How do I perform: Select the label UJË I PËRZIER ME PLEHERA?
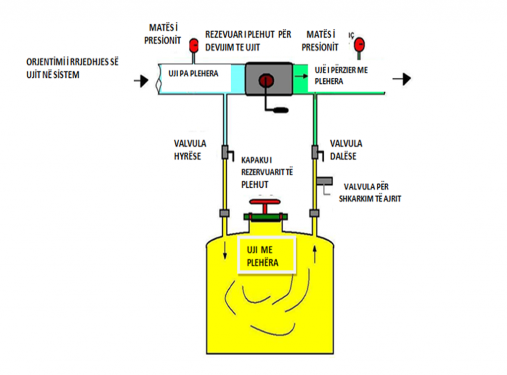[x=341, y=76]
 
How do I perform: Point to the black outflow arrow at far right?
[x=402, y=79]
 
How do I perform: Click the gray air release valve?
[x=325, y=181]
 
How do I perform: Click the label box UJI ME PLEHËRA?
[x=267, y=255]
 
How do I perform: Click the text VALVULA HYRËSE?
[x=190, y=148]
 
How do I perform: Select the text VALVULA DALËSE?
[x=346, y=148]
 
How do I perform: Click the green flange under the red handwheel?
[x=265, y=217]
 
